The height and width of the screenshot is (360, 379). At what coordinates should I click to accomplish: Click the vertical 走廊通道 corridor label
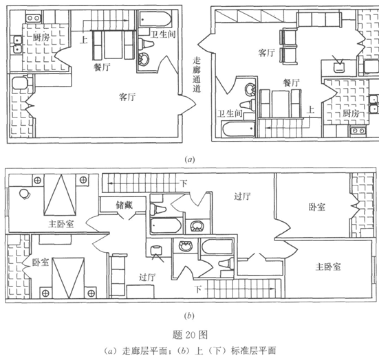coord(197,75)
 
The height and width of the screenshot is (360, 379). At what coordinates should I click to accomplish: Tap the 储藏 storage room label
coord(124,205)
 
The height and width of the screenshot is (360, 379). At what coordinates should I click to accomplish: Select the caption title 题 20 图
coord(190,335)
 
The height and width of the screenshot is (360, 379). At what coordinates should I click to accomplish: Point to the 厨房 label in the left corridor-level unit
coord(41,37)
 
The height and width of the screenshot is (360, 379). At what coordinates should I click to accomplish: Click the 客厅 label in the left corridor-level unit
coord(127,97)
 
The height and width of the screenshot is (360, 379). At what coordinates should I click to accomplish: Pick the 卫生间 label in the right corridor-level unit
coord(230,113)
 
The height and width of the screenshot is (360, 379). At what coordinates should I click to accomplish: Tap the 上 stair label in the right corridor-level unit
coord(310,110)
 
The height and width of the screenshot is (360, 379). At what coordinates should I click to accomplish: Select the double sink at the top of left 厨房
coord(33,18)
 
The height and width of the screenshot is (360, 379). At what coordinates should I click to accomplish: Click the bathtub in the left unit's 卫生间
coord(155,19)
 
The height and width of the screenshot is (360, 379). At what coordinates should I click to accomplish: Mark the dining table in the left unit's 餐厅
coord(113,45)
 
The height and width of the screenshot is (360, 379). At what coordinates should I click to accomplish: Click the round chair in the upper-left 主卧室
coord(25,194)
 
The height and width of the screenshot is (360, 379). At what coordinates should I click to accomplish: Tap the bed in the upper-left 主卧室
coord(60,195)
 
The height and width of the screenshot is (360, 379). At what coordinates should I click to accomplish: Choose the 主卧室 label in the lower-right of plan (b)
coord(328,267)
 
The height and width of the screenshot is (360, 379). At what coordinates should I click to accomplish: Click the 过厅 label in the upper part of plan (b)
coord(242,196)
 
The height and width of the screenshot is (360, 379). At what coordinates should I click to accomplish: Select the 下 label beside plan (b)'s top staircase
coord(184,183)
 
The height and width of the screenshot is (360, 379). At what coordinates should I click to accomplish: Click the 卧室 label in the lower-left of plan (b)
coord(41,262)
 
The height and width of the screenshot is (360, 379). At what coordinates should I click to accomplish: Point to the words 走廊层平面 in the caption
coord(144,350)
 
